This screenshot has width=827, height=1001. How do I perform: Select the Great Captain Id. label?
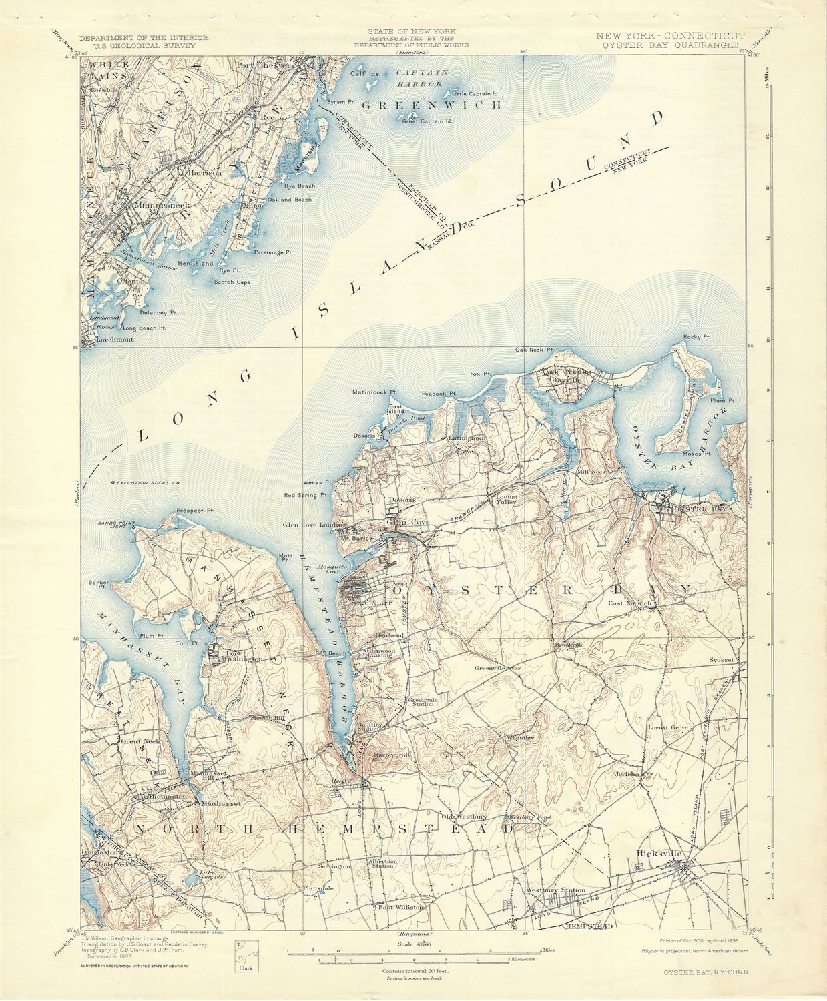click(x=427, y=121)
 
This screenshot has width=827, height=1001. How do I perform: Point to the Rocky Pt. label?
click(x=695, y=337)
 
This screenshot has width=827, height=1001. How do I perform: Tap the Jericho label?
click(x=627, y=774)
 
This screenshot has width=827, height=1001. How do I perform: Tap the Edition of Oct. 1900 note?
click(x=702, y=940)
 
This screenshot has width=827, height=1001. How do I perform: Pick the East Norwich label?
click(x=629, y=603)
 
